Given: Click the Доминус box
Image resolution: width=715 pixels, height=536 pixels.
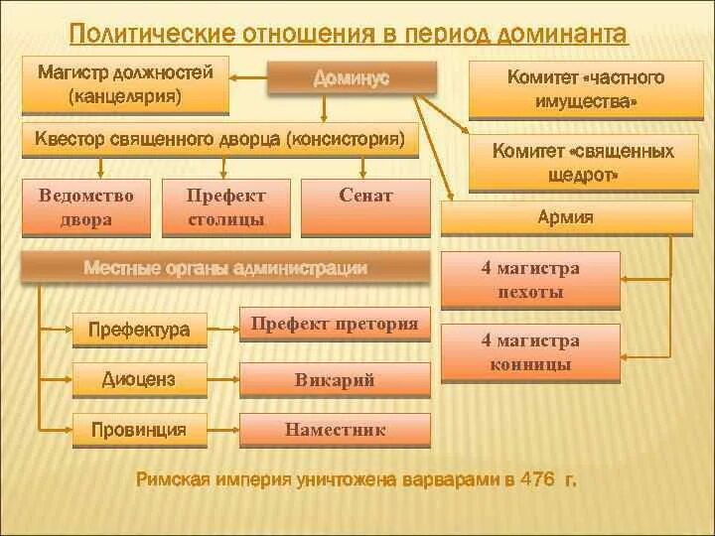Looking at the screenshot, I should click(x=352, y=77).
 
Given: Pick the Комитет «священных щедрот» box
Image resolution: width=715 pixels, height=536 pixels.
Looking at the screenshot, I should click(x=583, y=162).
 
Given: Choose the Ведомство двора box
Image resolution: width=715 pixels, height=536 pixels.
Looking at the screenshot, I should click(x=86, y=206).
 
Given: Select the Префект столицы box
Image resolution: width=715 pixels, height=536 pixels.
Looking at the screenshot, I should click(x=225, y=206).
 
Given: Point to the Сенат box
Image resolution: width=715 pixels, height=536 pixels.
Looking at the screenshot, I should click(x=365, y=206).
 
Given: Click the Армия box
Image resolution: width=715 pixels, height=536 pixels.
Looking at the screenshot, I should click(x=566, y=218).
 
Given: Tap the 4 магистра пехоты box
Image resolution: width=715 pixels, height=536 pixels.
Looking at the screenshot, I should click(x=530, y=280).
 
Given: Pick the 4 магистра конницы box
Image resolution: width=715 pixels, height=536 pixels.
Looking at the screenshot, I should click(x=530, y=352).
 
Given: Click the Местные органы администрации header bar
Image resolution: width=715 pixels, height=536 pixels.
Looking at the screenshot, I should click(x=226, y=268).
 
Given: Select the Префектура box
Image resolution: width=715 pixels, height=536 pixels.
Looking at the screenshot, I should click(x=139, y=330).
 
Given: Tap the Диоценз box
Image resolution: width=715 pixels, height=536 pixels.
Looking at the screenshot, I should click(x=139, y=378).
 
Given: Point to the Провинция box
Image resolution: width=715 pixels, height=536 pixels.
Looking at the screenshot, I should click(x=139, y=430).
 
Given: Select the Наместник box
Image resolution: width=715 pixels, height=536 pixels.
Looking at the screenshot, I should click(x=335, y=431).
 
